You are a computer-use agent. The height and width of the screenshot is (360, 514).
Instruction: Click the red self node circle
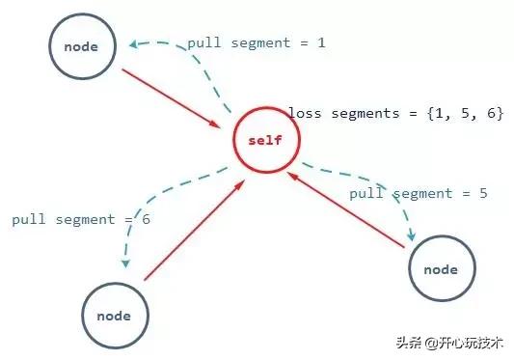point(265,141)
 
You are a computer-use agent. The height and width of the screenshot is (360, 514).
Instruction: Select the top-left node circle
point(82,46)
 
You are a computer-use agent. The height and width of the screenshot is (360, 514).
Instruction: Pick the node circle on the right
point(441,269)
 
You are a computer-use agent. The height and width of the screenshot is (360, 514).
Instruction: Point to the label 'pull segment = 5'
point(418,193)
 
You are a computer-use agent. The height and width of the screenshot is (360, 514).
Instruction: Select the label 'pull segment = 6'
point(81,220)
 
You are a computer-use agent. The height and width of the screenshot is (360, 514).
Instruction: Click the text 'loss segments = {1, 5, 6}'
point(395,114)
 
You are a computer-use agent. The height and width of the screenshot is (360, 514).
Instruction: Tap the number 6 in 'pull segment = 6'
point(146,220)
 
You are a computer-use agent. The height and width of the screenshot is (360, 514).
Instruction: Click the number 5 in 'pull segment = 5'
point(482,193)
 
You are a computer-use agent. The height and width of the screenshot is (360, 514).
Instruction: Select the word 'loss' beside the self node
point(307,114)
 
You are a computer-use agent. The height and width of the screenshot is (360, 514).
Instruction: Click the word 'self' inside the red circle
point(265,141)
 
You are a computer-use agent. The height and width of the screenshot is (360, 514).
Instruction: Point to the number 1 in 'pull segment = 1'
point(320,43)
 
